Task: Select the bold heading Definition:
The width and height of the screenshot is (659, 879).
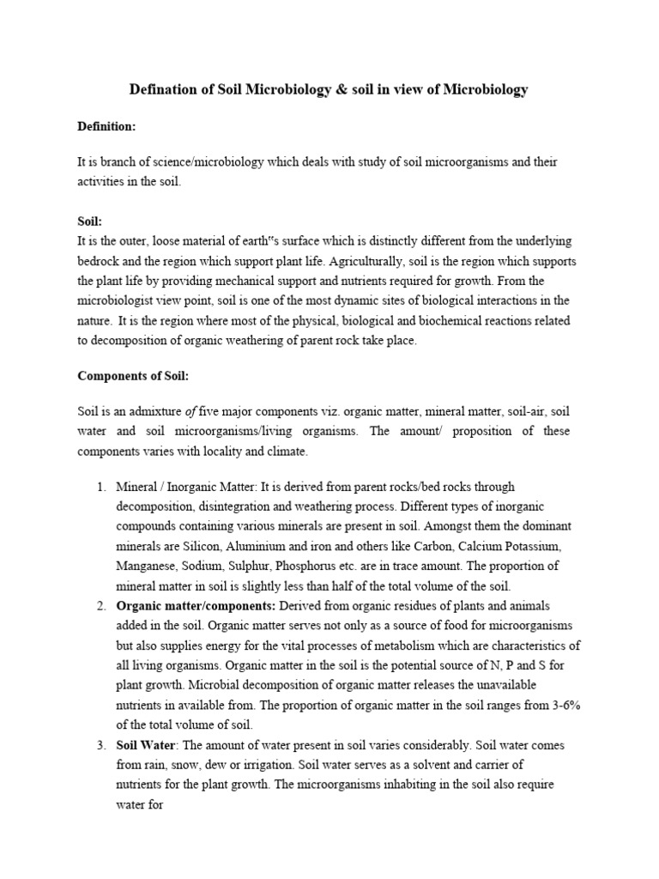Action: point(106,126)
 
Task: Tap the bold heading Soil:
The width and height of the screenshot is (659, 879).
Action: point(90,221)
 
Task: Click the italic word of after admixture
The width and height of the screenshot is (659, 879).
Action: point(192,411)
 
